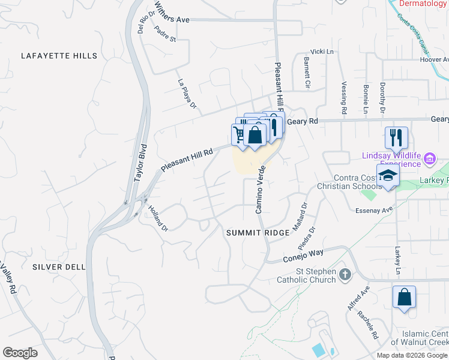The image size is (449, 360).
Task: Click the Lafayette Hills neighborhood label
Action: (59, 56)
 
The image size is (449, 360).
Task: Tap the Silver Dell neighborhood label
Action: (59, 267)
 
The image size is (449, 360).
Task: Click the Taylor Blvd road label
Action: (140, 163)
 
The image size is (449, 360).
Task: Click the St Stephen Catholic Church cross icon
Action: (345, 275)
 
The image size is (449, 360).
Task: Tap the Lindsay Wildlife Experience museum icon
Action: (430, 159)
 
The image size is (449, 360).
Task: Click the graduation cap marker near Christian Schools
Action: (388, 175)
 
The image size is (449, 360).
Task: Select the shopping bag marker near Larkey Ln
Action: (405, 296)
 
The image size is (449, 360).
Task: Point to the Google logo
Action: (20, 353)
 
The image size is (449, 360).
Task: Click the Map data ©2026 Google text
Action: (412, 355)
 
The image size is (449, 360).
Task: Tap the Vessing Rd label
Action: (344, 98)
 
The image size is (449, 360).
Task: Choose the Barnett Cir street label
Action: (306, 72)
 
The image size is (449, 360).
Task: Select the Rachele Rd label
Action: (367, 325)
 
